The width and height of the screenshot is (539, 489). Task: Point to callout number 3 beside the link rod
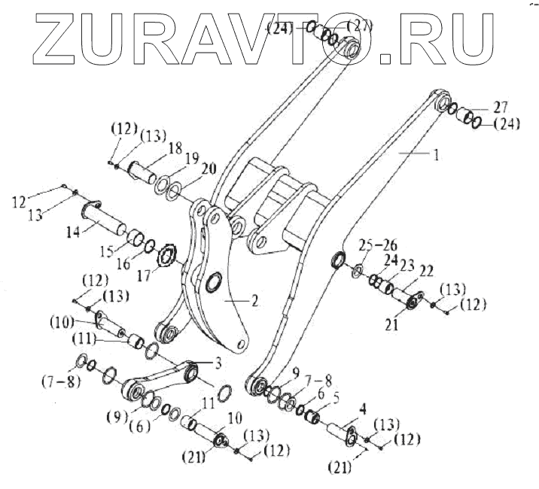coord(218,363)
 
